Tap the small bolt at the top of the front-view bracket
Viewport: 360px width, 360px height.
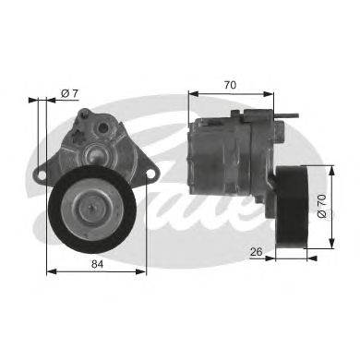86,114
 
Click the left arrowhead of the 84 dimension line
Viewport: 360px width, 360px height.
48,270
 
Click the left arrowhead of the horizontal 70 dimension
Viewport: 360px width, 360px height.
191,93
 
